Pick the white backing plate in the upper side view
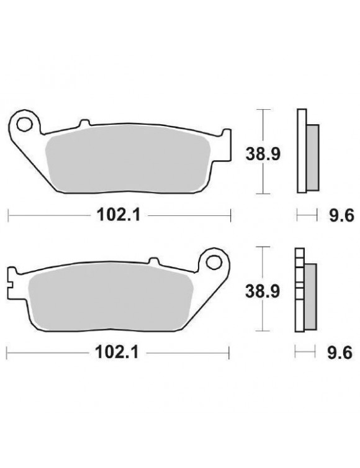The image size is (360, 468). point(302,152)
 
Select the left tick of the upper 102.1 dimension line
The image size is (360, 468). point(7,216)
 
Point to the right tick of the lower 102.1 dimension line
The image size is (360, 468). point(231,353)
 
